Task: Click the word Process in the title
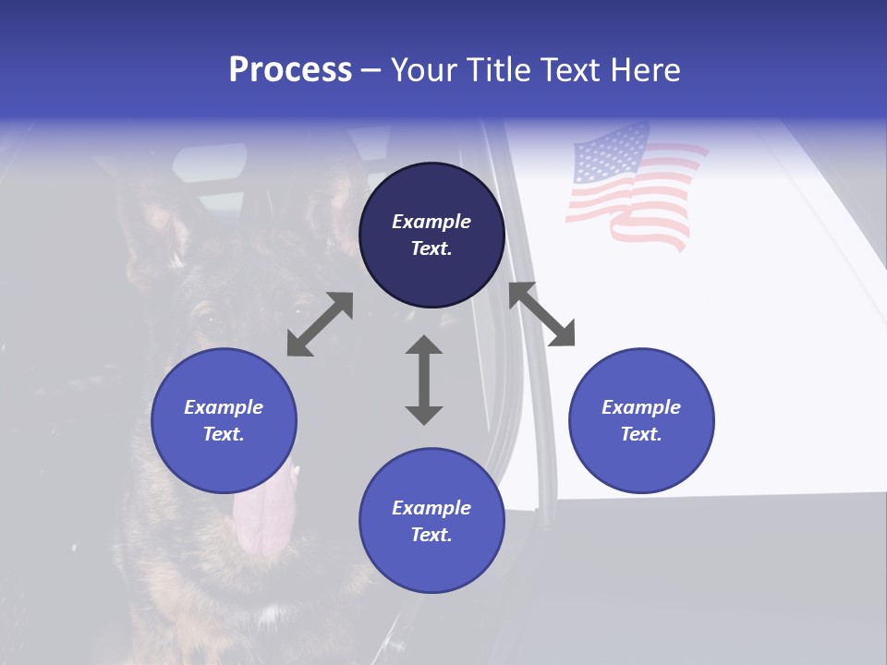[290, 70]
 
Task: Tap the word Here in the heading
[644, 70]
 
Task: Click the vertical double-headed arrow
[424, 380]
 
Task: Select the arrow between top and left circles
[320, 324]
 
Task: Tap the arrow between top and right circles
[541, 314]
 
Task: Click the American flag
[633, 189]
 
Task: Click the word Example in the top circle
[431, 222]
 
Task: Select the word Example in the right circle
[641, 407]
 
